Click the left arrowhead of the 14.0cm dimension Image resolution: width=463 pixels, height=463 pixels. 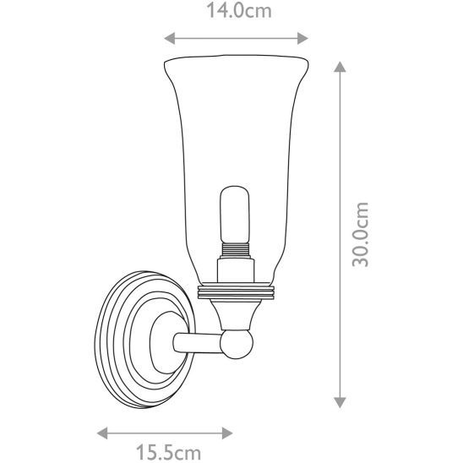coord(167,37)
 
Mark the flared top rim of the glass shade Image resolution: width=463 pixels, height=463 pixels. coord(235,61)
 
